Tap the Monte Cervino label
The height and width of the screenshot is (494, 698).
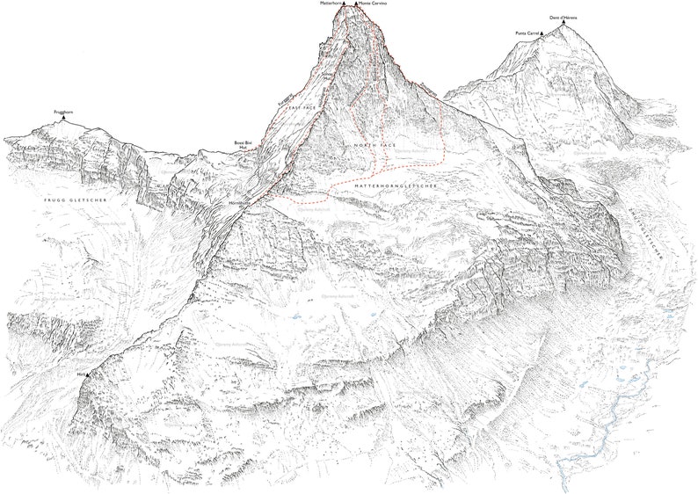click(x=373, y=4)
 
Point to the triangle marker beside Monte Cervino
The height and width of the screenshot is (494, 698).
click(x=355, y=4)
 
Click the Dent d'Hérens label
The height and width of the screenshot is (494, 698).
click(x=563, y=17)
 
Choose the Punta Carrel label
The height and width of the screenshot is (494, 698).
click(x=527, y=33)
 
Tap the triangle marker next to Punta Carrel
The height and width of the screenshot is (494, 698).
click(x=542, y=34)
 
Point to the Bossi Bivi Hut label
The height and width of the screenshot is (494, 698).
click(x=243, y=144)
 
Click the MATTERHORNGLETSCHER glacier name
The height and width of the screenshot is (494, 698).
click(x=394, y=187)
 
